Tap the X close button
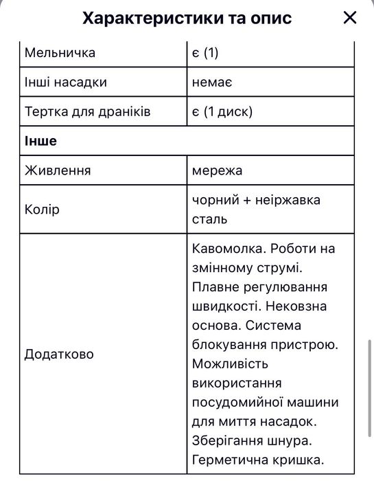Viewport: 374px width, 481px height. [350, 18]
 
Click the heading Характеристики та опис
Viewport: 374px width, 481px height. [187, 18]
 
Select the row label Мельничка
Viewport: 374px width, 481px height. [60, 52]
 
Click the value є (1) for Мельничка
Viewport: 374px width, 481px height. [209, 52]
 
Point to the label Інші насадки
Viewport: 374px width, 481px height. [66, 82]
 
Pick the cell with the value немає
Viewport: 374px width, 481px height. [213, 82]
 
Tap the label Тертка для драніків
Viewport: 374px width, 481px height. [87, 111]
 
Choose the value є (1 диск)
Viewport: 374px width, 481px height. [223, 111]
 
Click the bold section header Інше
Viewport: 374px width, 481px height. [41, 141]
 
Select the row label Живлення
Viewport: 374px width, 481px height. [58, 170]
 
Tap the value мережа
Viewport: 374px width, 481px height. [218, 170]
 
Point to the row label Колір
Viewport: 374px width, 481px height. [42, 209]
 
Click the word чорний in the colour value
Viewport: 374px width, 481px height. [215, 199]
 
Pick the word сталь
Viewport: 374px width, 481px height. [210, 219]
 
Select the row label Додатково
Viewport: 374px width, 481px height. [59, 354]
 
